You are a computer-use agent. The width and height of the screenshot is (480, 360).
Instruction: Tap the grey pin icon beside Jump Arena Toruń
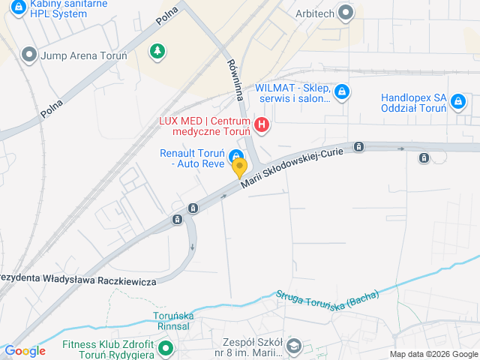pos(29,55)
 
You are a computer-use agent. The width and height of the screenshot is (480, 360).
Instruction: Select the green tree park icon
pos(157,51)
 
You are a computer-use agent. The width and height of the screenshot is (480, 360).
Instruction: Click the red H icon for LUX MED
pos(261,124)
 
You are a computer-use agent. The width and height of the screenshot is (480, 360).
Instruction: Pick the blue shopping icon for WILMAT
pos(341,92)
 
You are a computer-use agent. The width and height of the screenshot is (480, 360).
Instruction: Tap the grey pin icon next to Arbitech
pos(345,12)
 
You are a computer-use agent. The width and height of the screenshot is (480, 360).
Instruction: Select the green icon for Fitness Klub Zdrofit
pos(166,347)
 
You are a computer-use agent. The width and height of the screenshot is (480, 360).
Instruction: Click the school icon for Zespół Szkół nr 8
pos(294,346)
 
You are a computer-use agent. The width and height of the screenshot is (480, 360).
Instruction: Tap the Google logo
pos(25,351)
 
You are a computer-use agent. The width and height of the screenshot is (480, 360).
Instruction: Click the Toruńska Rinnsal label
pos(174,321)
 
